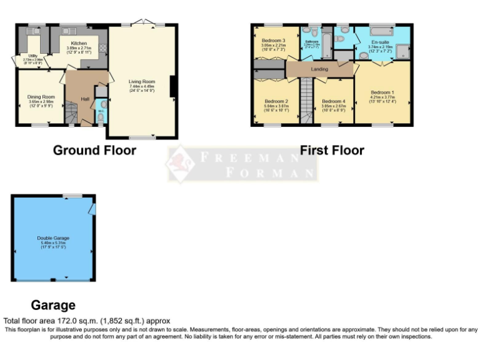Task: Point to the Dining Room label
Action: (41, 97)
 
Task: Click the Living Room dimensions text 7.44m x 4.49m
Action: (142, 86)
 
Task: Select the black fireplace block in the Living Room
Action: (172, 88)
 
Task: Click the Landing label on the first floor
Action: (319, 69)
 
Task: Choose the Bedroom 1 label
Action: (382, 92)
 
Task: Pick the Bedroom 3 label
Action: (273, 41)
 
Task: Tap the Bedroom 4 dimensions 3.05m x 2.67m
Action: (333, 106)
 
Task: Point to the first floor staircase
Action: (306, 100)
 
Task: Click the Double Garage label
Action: (53, 238)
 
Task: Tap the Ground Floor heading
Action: (94, 150)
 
